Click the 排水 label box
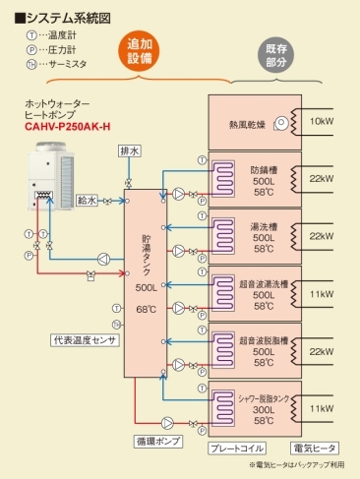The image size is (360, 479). point(130,150)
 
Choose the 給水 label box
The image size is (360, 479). point(88,199)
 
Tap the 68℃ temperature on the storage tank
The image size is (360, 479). point(147,310)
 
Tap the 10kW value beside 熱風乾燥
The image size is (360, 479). point(322,121)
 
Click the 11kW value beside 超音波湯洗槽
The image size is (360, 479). point(322,294)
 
